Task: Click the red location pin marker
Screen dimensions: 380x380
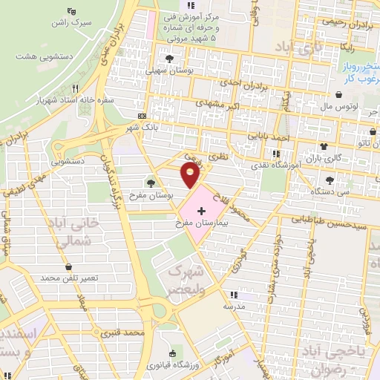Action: pos(190,175)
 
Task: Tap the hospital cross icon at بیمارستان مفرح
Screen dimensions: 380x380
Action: pos(200,212)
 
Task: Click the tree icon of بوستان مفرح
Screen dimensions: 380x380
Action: pos(151,183)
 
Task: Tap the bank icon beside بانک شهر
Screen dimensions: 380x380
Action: pos(142,116)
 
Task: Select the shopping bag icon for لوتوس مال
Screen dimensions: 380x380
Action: pos(339,96)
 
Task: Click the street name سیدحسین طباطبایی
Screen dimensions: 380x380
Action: pos(330,220)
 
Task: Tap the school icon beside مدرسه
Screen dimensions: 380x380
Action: pos(235,294)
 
